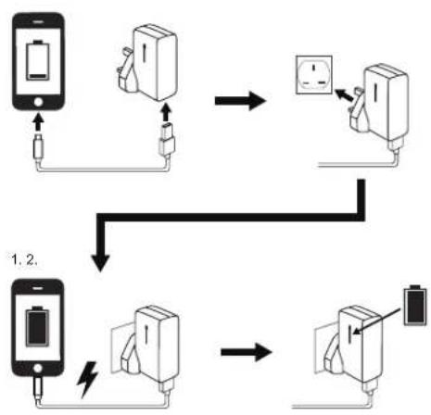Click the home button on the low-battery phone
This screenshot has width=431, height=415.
(x=38, y=102)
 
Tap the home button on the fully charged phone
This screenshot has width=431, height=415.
(x=37, y=368)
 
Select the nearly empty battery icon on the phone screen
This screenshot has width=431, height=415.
(x=38, y=60)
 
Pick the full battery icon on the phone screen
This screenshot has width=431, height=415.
(x=37, y=326)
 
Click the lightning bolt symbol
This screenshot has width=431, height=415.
(x=87, y=379)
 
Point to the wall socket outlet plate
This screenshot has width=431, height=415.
(x=314, y=75)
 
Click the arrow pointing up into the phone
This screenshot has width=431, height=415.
(x=38, y=122)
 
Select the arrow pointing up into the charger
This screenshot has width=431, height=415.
(x=166, y=112)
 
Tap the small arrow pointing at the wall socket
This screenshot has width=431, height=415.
(x=344, y=95)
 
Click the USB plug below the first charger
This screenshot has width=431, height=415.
(x=167, y=140)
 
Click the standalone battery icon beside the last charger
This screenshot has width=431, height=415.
(x=416, y=306)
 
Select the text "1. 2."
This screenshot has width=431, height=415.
(x=25, y=259)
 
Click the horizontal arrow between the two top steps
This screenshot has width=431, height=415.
(x=240, y=101)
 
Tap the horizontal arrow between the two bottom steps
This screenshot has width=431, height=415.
(x=247, y=352)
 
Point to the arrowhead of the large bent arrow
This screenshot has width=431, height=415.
(x=100, y=263)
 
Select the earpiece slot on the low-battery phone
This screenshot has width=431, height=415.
(x=38, y=22)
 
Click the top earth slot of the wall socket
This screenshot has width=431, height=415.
(x=314, y=68)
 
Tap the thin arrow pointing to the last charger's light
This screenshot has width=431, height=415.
(x=376, y=321)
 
